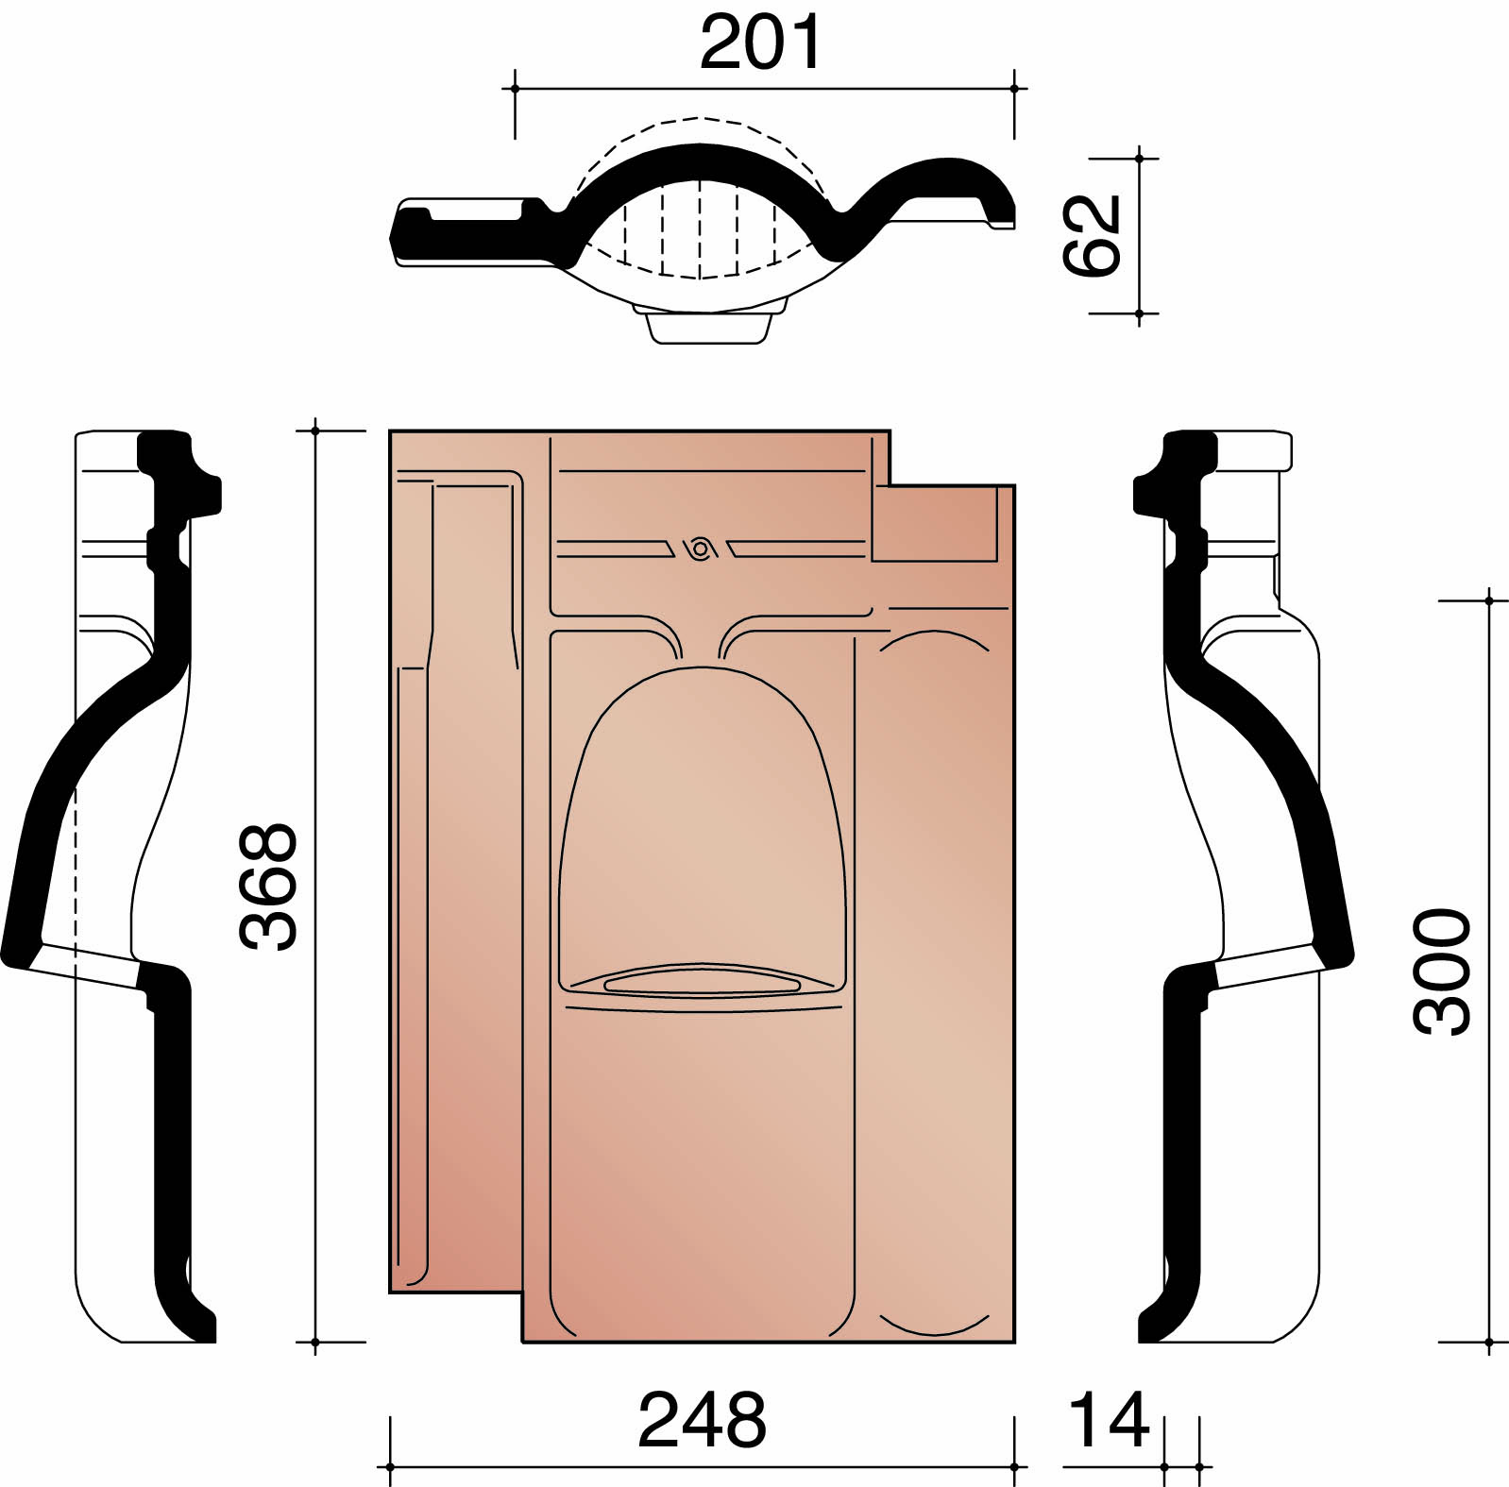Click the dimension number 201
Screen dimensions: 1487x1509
[x=761, y=42]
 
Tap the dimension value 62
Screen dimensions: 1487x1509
[x=1092, y=235]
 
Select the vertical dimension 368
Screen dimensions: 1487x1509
[x=269, y=886]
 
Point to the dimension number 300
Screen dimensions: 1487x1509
[x=1442, y=972]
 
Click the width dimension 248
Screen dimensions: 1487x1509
[x=702, y=1420]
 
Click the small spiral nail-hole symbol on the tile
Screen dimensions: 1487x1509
[x=699, y=548]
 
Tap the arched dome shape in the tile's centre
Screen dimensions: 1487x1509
[x=702, y=812]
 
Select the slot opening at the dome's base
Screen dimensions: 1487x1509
[x=702, y=983]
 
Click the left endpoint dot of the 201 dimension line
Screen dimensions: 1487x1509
[x=515, y=89]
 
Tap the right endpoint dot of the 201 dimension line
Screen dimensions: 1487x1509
[x=1014, y=89]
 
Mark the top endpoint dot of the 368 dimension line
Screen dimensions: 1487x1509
[x=315, y=431]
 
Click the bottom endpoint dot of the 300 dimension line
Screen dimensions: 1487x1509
[x=1489, y=1342]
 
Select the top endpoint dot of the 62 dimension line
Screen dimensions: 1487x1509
[x=1140, y=159]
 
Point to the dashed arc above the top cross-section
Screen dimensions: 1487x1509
[x=700, y=120]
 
